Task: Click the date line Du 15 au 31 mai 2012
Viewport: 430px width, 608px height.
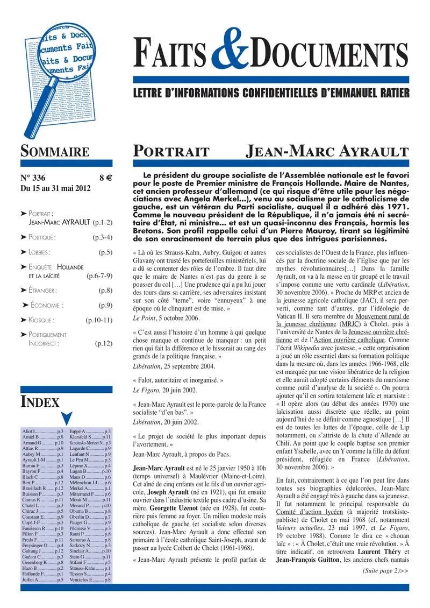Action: coord(55,188)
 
